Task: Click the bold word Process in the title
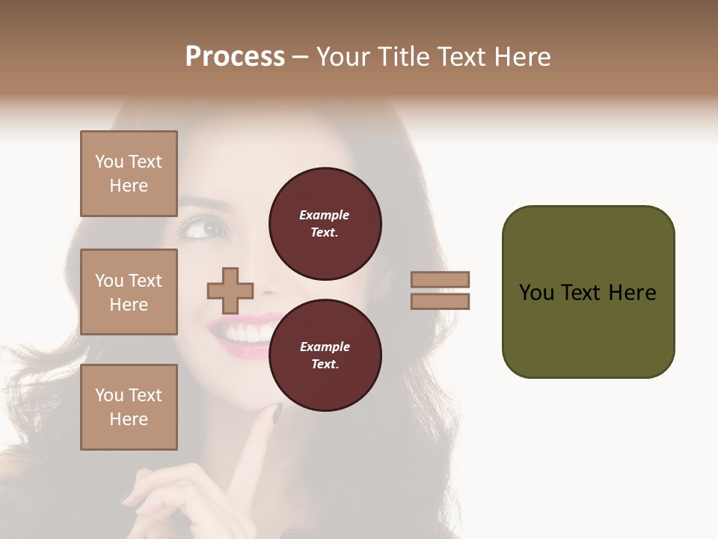(x=235, y=57)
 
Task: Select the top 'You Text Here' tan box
(x=129, y=174)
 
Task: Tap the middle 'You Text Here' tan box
(x=129, y=292)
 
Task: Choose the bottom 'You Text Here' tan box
(x=129, y=407)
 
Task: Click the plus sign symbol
(x=230, y=290)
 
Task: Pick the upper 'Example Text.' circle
(x=325, y=224)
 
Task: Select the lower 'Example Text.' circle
(x=325, y=356)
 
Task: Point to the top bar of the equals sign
(x=441, y=280)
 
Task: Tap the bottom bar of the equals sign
(x=441, y=301)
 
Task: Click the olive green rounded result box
(x=588, y=292)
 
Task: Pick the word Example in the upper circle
(x=325, y=215)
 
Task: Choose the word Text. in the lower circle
(x=325, y=365)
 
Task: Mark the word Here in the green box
(x=633, y=292)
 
